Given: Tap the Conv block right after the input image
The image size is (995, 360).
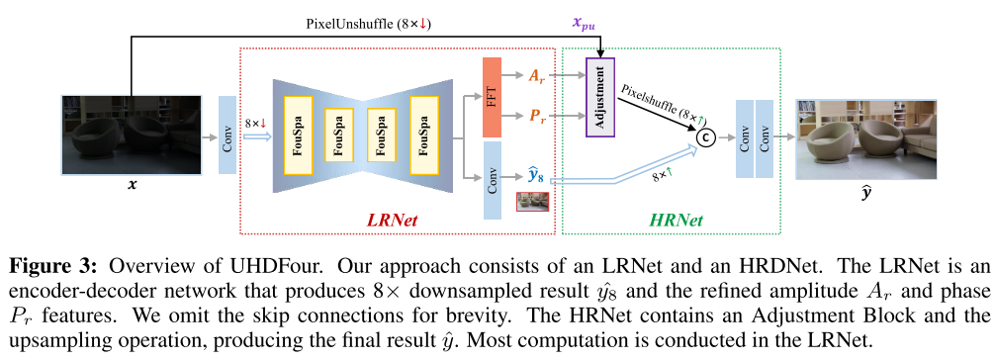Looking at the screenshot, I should (x=226, y=135).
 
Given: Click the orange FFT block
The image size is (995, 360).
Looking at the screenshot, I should (x=493, y=97).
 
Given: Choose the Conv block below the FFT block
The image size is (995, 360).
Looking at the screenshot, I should (x=493, y=179).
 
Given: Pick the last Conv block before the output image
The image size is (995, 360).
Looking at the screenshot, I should (x=765, y=137).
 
